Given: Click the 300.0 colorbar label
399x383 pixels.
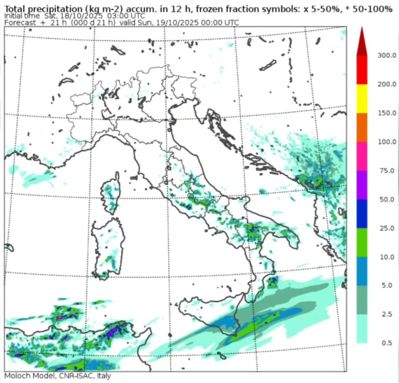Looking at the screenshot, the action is click(387, 55).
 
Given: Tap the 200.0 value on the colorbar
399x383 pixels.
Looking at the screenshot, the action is click(387, 84).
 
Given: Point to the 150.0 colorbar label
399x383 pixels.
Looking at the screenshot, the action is click(387, 113).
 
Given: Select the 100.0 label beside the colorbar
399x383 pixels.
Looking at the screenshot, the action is click(387, 142).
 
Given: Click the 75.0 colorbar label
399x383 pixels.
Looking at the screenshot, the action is click(387, 170).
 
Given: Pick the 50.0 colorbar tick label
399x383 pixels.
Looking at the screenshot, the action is click(387, 199).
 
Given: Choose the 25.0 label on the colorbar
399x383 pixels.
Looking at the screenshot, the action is click(387, 228).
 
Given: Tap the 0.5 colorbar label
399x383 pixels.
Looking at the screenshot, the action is click(387, 343).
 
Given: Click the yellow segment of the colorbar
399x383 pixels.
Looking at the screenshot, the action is click(362, 98).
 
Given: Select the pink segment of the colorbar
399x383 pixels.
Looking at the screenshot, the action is click(362, 156).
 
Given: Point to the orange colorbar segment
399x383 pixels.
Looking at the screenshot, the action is click(362, 127).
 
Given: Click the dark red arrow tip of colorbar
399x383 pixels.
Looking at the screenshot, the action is click(362, 44).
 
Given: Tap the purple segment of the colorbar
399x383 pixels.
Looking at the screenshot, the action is click(362, 185).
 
